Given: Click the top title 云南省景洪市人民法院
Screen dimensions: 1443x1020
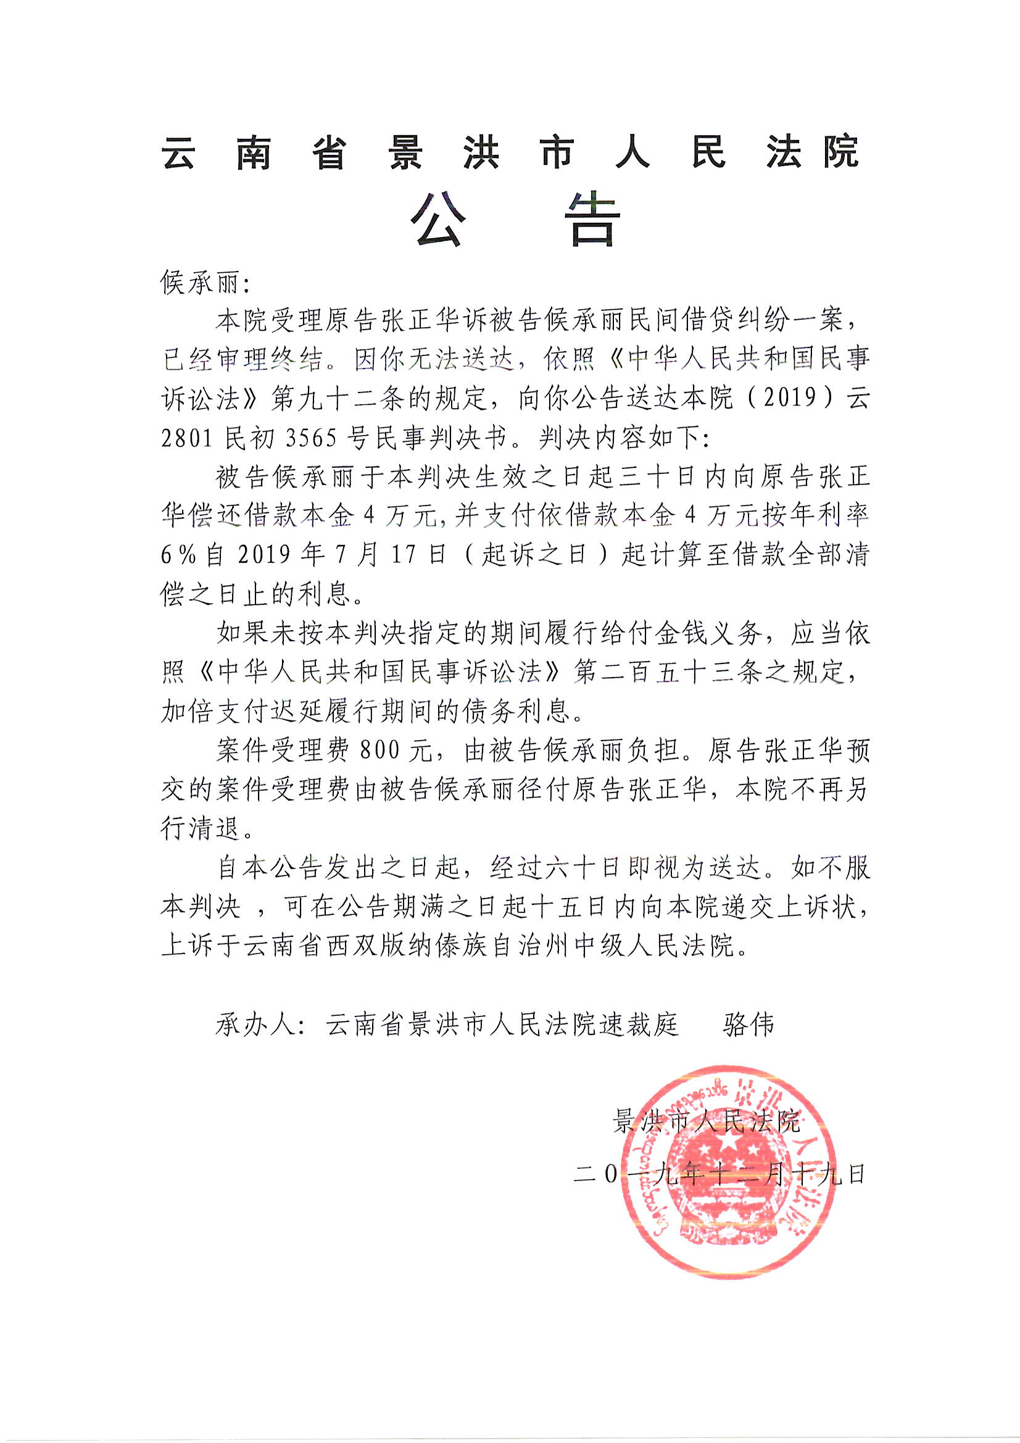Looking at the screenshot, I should pyautogui.click(x=510, y=152).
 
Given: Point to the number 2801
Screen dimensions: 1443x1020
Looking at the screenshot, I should pyautogui.click(x=188, y=438).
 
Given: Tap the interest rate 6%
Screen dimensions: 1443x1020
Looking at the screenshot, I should pyautogui.click(x=177, y=555).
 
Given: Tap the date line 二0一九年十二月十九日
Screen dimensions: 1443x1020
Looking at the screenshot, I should pyautogui.click(x=720, y=1173).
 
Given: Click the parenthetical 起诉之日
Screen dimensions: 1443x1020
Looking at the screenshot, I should pyautogui.click(x=534, y=555).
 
